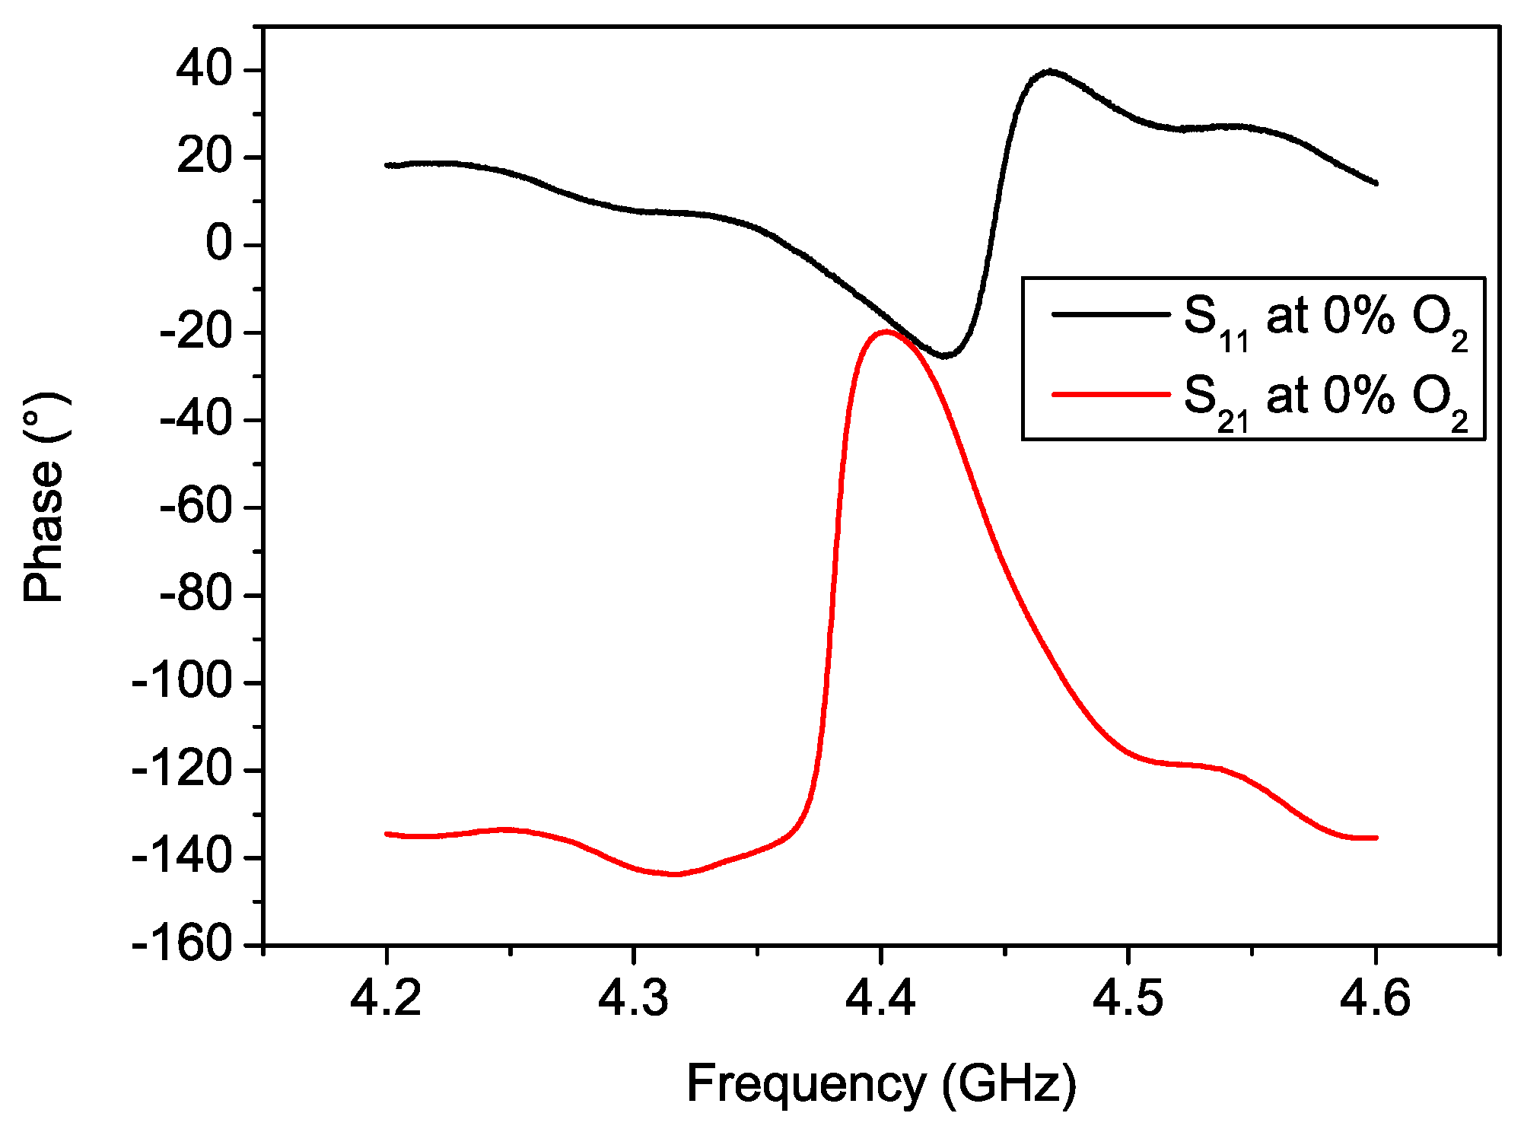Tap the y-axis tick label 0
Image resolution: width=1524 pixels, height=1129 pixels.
(x=219, y=245)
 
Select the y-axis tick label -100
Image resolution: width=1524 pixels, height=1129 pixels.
(x=182, y=682)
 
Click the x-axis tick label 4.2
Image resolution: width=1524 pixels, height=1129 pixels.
(x=386, y=998)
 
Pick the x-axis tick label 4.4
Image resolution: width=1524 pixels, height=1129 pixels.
(x=880, y=998)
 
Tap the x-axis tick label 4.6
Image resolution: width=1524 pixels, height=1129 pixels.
(x=1375, y=998)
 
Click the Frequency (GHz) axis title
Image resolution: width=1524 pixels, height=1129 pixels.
(x=881, y=1083)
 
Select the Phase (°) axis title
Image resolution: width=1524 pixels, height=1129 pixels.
(x=44, y=498)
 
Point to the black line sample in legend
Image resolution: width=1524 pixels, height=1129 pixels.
(x=1110, y=313)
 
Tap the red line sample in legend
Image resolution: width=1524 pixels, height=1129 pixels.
(x=1110, y=394)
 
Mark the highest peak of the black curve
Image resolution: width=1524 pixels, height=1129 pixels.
(x=1050, y=71)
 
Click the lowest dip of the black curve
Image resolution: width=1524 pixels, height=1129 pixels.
(x=944, y=356)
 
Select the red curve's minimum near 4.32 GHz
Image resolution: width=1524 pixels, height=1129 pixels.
(x=675, y=874)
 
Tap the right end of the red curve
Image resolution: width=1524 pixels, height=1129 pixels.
(x=1376, y=838)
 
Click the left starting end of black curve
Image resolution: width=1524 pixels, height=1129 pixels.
(x=387, y=165)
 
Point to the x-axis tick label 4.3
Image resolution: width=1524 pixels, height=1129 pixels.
(x=633, y=998)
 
